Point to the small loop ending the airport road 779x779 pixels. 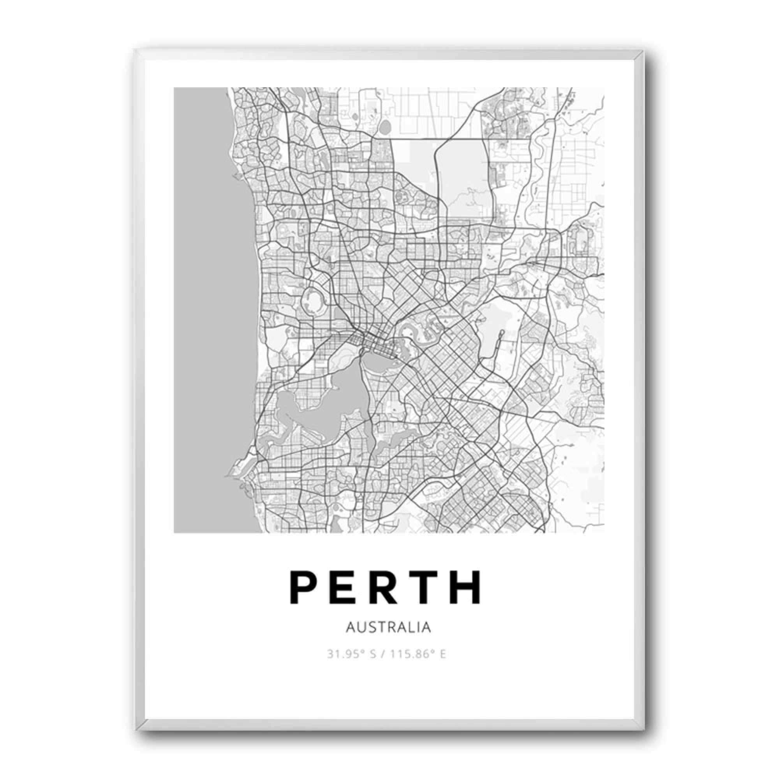click(x=501, y=333)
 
